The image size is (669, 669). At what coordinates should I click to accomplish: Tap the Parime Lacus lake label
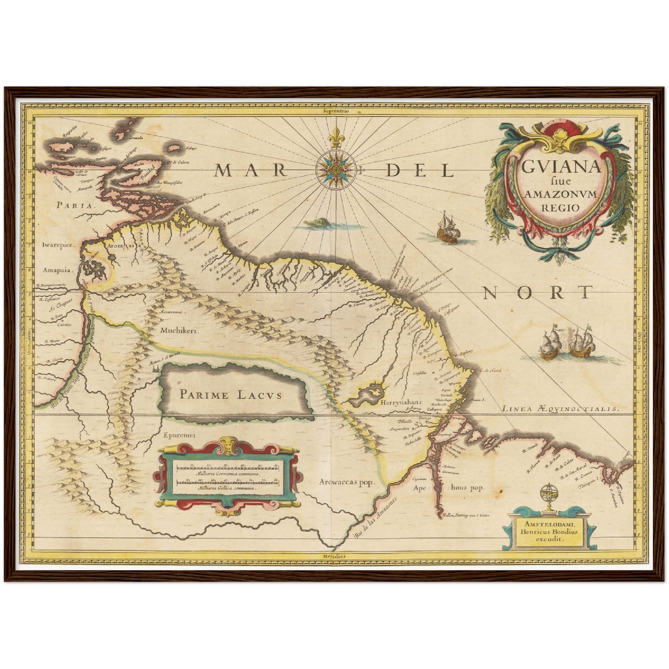(x=231, y=395)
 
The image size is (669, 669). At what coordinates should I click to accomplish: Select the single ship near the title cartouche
(x=448, y=228)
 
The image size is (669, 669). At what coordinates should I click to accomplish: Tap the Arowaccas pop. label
(x=346, y=482)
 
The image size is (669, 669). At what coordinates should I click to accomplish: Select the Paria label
(x=77, y=205)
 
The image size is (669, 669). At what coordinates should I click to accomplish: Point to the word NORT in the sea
(x=538, y=293)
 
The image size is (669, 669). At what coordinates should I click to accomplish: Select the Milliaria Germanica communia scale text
(x=227, y=474)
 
